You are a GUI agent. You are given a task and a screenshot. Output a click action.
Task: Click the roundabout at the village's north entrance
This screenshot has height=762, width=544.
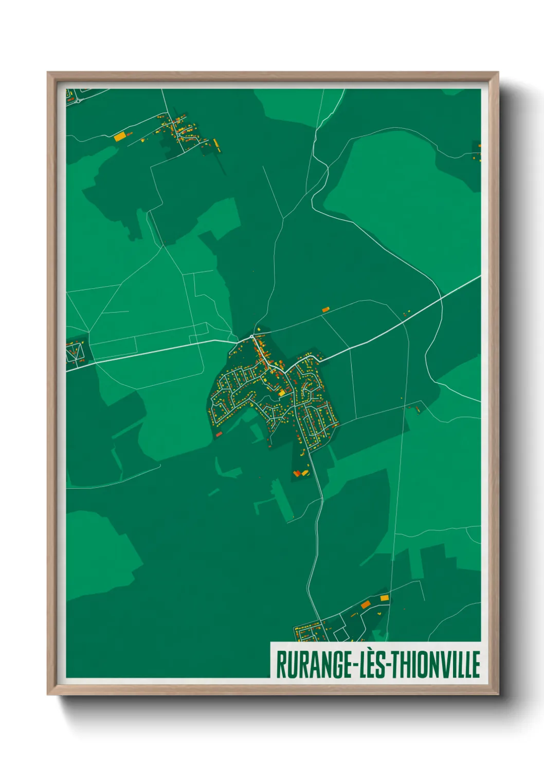tap(251, 337)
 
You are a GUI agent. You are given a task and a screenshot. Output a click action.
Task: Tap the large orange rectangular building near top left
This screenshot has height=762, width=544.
tap(119, 137)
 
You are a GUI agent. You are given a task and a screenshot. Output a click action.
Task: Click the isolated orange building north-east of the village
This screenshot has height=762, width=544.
tap(325, 310)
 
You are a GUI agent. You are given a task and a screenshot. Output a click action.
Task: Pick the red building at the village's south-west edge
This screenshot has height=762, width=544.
tap(219, 435)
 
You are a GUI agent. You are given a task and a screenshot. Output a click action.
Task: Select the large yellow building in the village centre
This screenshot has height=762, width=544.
tap(282, 393)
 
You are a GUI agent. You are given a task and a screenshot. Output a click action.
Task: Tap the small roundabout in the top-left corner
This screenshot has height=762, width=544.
tap(78, 101)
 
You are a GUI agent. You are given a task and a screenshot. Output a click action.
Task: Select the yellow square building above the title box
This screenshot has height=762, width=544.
tap(384, 598)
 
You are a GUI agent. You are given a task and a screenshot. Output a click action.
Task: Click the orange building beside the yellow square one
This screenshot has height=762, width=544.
tap(366, 604)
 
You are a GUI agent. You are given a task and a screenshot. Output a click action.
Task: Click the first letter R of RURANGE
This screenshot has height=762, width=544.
tap(281, 665)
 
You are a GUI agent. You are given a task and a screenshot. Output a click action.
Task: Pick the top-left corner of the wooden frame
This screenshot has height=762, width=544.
tap(48, 73)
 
